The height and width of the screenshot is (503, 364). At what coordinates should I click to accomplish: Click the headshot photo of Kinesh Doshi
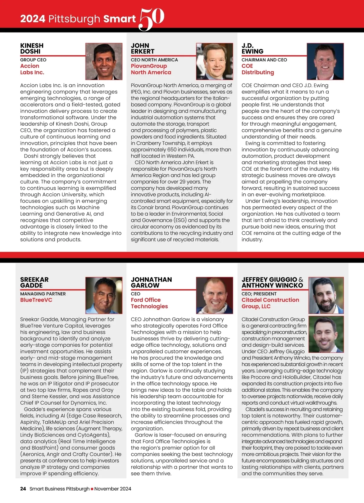point(104,61)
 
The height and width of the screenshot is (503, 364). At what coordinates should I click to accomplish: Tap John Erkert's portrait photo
point(214,61)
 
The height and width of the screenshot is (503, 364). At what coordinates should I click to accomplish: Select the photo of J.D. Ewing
point(325,61)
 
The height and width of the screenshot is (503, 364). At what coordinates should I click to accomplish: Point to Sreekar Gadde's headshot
point(104,295)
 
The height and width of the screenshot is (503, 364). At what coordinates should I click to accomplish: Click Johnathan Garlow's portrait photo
point(214,295)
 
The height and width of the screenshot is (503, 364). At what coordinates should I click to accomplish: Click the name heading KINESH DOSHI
point(32,49)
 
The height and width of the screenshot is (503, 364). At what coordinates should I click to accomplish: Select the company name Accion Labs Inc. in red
point(32,69)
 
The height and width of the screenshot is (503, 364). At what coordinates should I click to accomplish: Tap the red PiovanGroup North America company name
point(151,69)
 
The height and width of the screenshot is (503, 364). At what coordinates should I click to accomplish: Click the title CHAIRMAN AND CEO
point(264,60)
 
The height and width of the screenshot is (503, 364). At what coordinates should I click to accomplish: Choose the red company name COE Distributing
point(258,69)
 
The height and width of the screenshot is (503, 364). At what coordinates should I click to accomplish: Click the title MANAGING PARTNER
point(43,294)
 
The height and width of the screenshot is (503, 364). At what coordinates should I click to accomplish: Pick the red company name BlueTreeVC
point(36,300)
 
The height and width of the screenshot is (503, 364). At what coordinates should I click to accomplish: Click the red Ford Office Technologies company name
point(149,303)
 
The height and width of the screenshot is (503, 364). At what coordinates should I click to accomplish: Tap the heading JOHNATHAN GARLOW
point(151,282)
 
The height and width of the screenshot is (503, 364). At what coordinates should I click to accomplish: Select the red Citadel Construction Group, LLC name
point(270,303)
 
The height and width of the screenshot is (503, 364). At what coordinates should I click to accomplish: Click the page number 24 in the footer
point(23,489)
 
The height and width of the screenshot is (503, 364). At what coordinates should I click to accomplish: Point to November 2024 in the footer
point(113,489)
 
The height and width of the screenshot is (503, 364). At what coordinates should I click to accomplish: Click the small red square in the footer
point(92,489)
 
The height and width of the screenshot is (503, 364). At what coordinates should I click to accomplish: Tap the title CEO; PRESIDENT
point(259,294)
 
